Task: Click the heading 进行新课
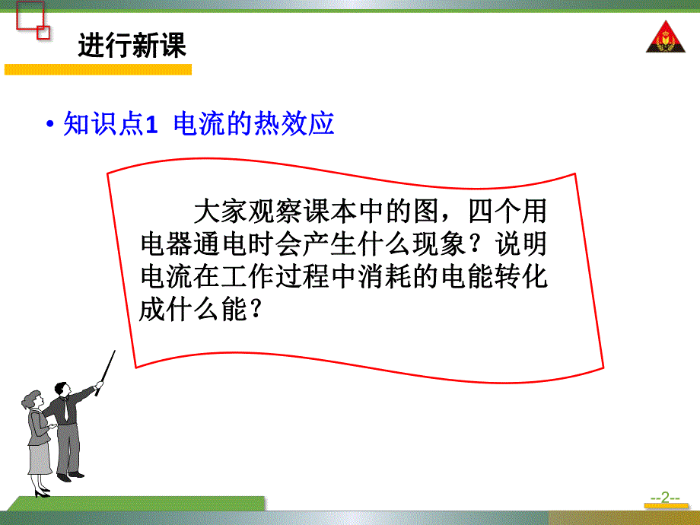point(132,46)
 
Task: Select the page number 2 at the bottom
point(664,498)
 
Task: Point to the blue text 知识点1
point(110,124)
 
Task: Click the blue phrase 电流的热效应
point(254,124)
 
